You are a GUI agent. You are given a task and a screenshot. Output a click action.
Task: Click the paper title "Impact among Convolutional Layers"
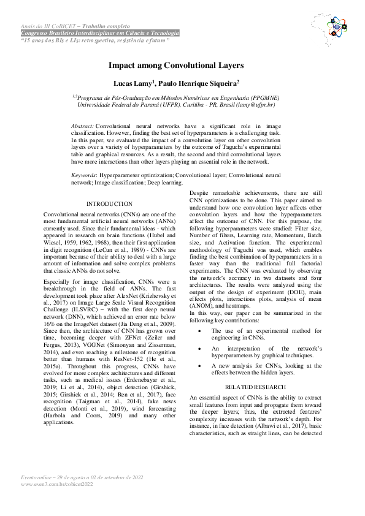(176, 65)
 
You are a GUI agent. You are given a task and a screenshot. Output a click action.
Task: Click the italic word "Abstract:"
(83, 124)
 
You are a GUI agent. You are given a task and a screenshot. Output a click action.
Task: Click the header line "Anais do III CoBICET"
(75, 27)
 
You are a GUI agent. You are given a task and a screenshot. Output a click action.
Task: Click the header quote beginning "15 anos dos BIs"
(94, 40)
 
